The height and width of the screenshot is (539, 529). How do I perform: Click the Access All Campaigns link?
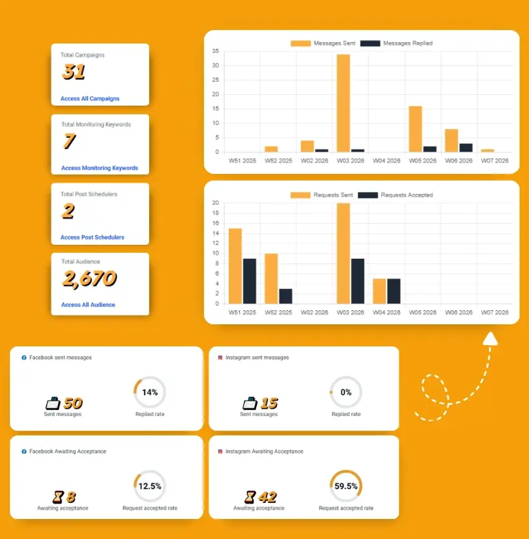[90, 98]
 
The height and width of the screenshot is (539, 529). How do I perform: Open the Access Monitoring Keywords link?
[99, 168]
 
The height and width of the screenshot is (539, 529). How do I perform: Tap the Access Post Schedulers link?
[92, 237]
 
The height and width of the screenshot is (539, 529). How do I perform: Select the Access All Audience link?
[88, 305]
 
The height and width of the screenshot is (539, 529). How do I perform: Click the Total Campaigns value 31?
[74, 71]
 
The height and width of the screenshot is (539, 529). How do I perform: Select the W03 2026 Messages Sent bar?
[343, 103]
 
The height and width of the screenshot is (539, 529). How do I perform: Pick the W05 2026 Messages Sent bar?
[415, 129]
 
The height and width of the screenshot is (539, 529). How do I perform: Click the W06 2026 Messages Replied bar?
[465, 148]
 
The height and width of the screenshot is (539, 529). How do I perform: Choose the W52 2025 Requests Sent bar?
[271, 278]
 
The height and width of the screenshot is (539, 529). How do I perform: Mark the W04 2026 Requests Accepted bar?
[394, 291]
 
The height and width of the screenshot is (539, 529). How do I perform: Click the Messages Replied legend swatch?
[370, 43]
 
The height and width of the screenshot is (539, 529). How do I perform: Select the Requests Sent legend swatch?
[300, 195]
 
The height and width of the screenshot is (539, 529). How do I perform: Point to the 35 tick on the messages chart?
[215, 51]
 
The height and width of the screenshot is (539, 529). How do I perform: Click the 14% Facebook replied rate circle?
[150, 393]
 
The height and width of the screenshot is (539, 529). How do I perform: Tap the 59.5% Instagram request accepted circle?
[346, 486]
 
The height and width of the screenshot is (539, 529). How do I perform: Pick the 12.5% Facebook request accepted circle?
[150, 486]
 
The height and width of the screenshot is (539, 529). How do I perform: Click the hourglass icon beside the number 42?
[249, 497]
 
